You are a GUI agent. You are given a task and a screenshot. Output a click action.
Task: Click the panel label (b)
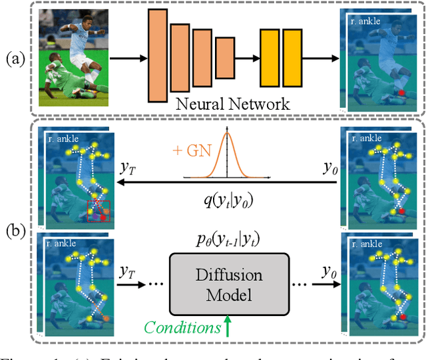click(17, 232)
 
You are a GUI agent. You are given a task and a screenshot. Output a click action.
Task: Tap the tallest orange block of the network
click(157, 56)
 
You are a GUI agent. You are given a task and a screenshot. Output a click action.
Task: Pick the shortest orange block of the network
click(225, 58)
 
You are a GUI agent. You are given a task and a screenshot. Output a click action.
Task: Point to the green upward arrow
click(228, 325)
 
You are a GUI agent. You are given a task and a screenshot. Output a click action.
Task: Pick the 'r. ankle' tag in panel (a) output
click(366, 21)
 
